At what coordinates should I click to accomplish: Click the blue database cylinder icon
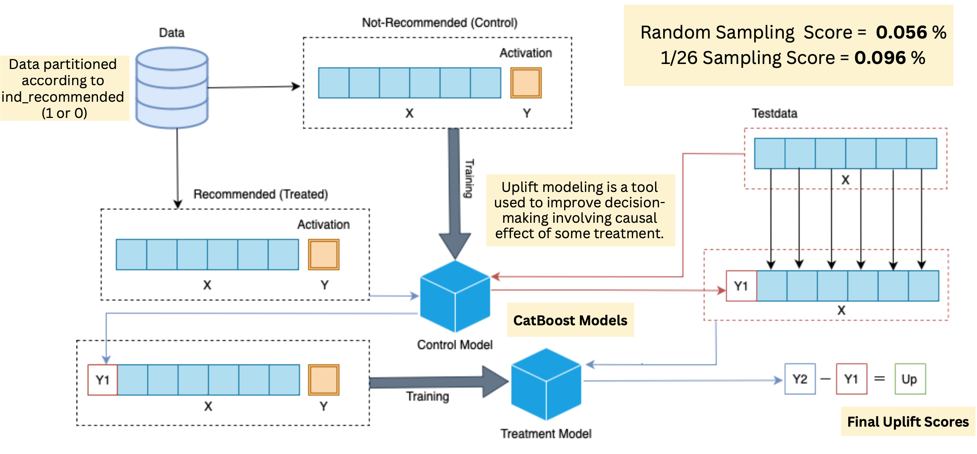click(x=172, y=88)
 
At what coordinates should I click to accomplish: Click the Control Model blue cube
click(x=455, y=296)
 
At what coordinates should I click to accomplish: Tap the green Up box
click(x=910, y=379)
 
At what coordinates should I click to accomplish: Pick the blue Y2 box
click(x=800, y=379)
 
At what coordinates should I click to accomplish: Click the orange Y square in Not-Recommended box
click(x=526, y=83)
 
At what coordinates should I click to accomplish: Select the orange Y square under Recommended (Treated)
click(x=323, y=254)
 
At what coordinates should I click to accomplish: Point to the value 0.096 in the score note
click(x=880, y=58)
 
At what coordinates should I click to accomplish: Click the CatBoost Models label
click(x=570, y=320)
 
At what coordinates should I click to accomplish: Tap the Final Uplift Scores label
click(x=908, y=422)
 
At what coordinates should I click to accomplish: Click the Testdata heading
click(x=775, y=113)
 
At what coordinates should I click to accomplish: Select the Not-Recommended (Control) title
click(x=440, y=23)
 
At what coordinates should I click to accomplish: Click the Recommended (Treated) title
click(x=261, y=194)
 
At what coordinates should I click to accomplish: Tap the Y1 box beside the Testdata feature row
click(x=741, y=286)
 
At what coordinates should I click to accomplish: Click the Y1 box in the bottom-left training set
click(x=103, y=380)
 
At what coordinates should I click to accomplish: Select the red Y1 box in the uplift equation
click(x=851, y=379)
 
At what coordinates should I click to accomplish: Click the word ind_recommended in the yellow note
click(x=63, y=97)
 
